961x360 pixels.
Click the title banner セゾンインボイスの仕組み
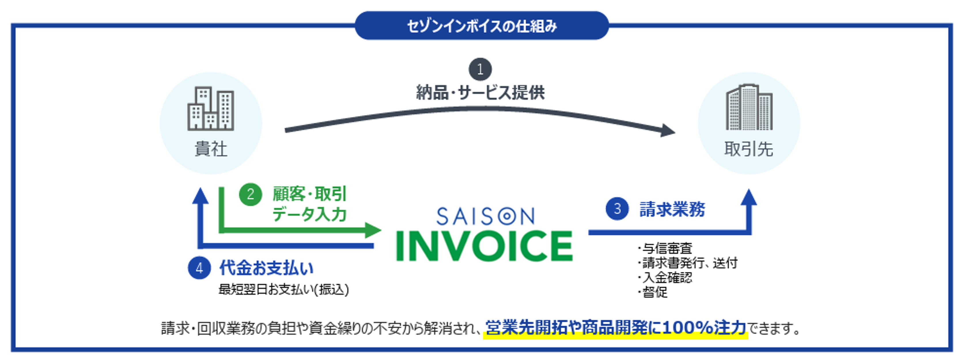tap(482, 25)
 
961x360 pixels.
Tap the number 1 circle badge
tap(480, 69)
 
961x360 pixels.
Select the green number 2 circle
tap(250, 194)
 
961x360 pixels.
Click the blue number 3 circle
tap(617, 209)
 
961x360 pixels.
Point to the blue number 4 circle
tap(199, 268)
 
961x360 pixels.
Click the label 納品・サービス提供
tap(480, 92)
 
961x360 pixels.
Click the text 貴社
tap(211, 149)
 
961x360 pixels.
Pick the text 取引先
tap(749, 149)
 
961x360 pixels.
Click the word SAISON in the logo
tap(485, 216)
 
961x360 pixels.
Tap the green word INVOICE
tap(484, 246)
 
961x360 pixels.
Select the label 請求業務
tap(672, 209)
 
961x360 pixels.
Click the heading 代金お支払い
tap(266, 268)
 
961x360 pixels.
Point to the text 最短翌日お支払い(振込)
tap(283, 289)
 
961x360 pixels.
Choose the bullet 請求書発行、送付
tap(688, 263)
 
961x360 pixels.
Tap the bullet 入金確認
tap(665, 278)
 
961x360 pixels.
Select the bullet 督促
tap(653, 292)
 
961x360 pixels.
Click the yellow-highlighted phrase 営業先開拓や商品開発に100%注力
tap(616, 328)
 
